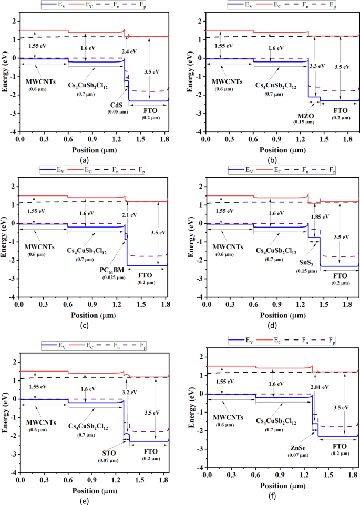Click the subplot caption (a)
pos(84,159)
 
